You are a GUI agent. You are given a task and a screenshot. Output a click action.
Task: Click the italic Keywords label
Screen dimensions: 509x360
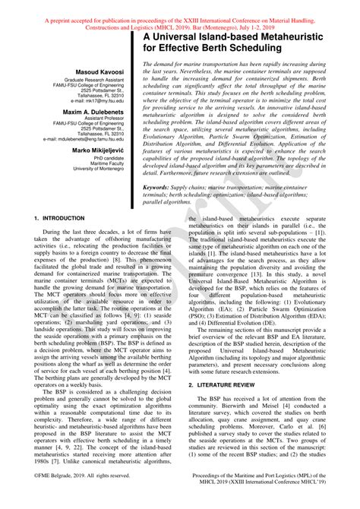160,187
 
